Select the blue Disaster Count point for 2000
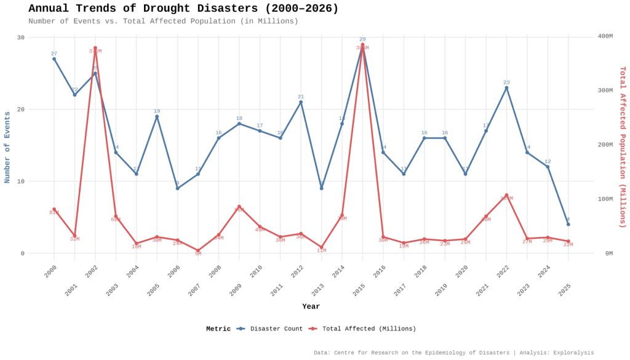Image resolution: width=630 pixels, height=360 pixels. point(54,59)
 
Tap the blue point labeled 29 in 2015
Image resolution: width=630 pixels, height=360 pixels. point(362,45)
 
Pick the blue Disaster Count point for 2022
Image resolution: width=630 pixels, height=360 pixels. point(506,88)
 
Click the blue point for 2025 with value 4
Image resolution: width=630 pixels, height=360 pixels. point(568,224)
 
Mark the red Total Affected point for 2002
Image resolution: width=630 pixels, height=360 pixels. point(95,48)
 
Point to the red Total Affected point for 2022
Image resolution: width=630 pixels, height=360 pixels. point(506,195)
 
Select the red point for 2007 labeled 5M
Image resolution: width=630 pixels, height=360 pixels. point(198,250)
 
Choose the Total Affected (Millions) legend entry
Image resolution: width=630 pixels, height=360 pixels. point(362,329)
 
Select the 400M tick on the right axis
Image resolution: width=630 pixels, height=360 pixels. point(605,36)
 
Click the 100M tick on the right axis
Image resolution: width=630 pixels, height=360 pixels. point(605,199)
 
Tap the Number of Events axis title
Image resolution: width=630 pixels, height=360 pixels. point(7,147)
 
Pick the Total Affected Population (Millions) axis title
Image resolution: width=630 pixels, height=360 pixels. point(622,147)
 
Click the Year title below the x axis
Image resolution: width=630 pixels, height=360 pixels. point(311,306)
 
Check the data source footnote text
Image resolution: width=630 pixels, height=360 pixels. point(453,353)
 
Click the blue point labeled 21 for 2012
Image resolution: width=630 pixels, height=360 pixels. point(301,102)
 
